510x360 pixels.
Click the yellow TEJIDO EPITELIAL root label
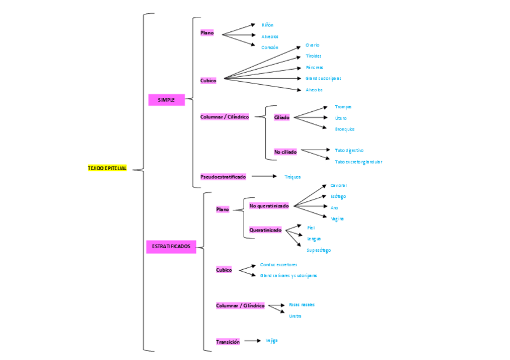pyautogui.click(x=107, y=169)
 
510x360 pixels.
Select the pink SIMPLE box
pyautogui.click(x=166, y=100)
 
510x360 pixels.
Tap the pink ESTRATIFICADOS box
pyautogui.click(x=171, y=246)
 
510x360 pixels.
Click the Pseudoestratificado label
pyautogui.click(x=223, y=177)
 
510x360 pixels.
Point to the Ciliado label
pyautogui.click(x=281, y=118)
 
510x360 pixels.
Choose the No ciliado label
pyautogui.click(x=285, y=152)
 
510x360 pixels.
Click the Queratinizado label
pyautogui.click(x=265, y=230)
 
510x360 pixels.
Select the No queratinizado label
pyautogui.click(x=269, y=206)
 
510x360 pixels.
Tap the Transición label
pyautogui.click(x=228, y=342)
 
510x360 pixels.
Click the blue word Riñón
pyautogui.click(x=268, y=25)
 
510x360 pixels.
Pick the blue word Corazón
pyautogui.click(x=269, y=47)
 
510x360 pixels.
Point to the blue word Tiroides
pyautogui.click(x=313, y=56)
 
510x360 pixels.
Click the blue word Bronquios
pyautogui.click(x=345, y=129)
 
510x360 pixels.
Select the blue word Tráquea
pyautogui.click(x=292, y=177)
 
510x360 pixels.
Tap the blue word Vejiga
pyautogui.click(x=272, y=341)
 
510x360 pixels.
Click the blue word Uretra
pyautogui.click(x=295, y=316)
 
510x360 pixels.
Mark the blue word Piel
pyautogui.click(x=311, y=228)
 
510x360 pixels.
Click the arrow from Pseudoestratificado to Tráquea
pyautogui.click(x=265, y=177)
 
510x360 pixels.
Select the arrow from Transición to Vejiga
pyautogui.click(x=252, y=341)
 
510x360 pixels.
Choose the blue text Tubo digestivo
pyautogui.click(x=349, y=150)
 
